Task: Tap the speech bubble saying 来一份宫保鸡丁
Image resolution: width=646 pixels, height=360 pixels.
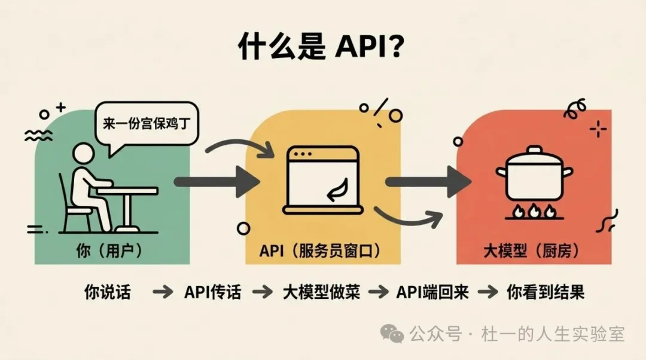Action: (146, 126)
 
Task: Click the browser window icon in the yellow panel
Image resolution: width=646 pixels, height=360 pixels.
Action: (324, 179)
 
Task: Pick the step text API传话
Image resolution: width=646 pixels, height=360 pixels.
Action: (212, 292)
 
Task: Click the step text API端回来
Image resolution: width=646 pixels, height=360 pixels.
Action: (432, 292)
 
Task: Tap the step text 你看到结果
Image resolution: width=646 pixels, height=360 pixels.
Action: (545, 292)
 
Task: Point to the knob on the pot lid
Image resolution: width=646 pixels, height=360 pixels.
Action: (534, 150)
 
